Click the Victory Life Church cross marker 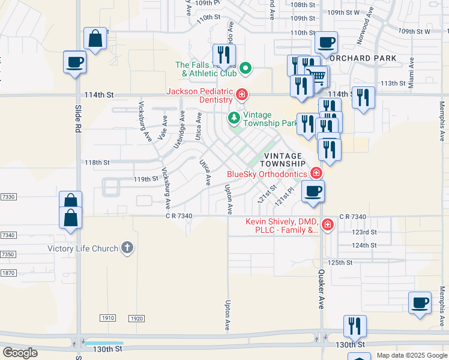(x=127, y=248)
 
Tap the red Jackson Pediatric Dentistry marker (x=241, y=95)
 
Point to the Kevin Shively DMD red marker (x=327, y=225)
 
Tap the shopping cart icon (x=317, y=75)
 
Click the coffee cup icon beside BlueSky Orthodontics (x=313, y=191)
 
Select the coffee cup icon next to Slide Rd (x=75, y=62)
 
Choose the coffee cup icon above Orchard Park (x=326, y=42)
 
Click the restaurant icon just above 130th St (x=355, y=326)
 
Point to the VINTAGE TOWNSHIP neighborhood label (x=284, y=159)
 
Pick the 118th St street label (x=97, y=163)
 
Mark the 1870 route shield (x=8, y=272)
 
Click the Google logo (x=20, y=352)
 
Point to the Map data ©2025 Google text (x=412, y=355)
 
